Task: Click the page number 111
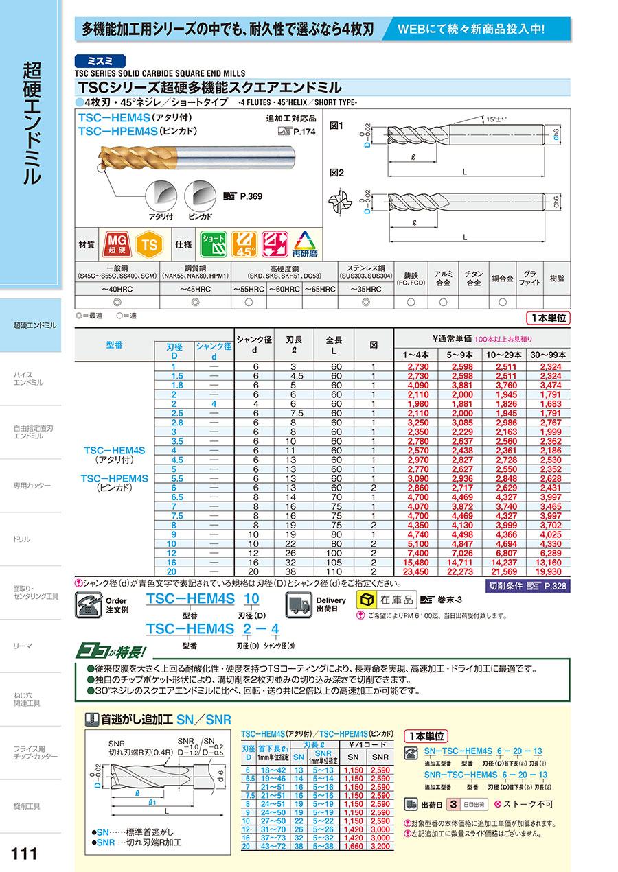click(x=25, y=853)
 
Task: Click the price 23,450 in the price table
click(x=418, y=570)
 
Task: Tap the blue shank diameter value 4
click(x=214, y=403)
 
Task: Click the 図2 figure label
click(x=336, y=173)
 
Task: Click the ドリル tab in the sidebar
click(x=23, y=539)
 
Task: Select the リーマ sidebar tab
click(x=23, y=646)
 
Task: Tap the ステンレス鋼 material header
click(x=365, y=268)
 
